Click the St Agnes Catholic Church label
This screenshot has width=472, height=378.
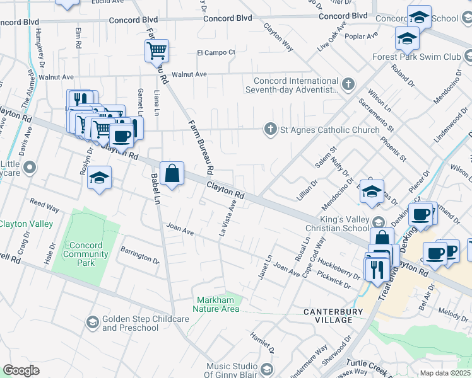329,130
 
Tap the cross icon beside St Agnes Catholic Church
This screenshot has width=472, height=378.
271,130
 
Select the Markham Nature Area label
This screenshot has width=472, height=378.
218,304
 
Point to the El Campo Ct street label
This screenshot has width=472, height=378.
216,52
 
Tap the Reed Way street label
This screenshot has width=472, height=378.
44,206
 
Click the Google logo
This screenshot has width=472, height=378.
21,370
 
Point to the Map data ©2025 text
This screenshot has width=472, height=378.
444,373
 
